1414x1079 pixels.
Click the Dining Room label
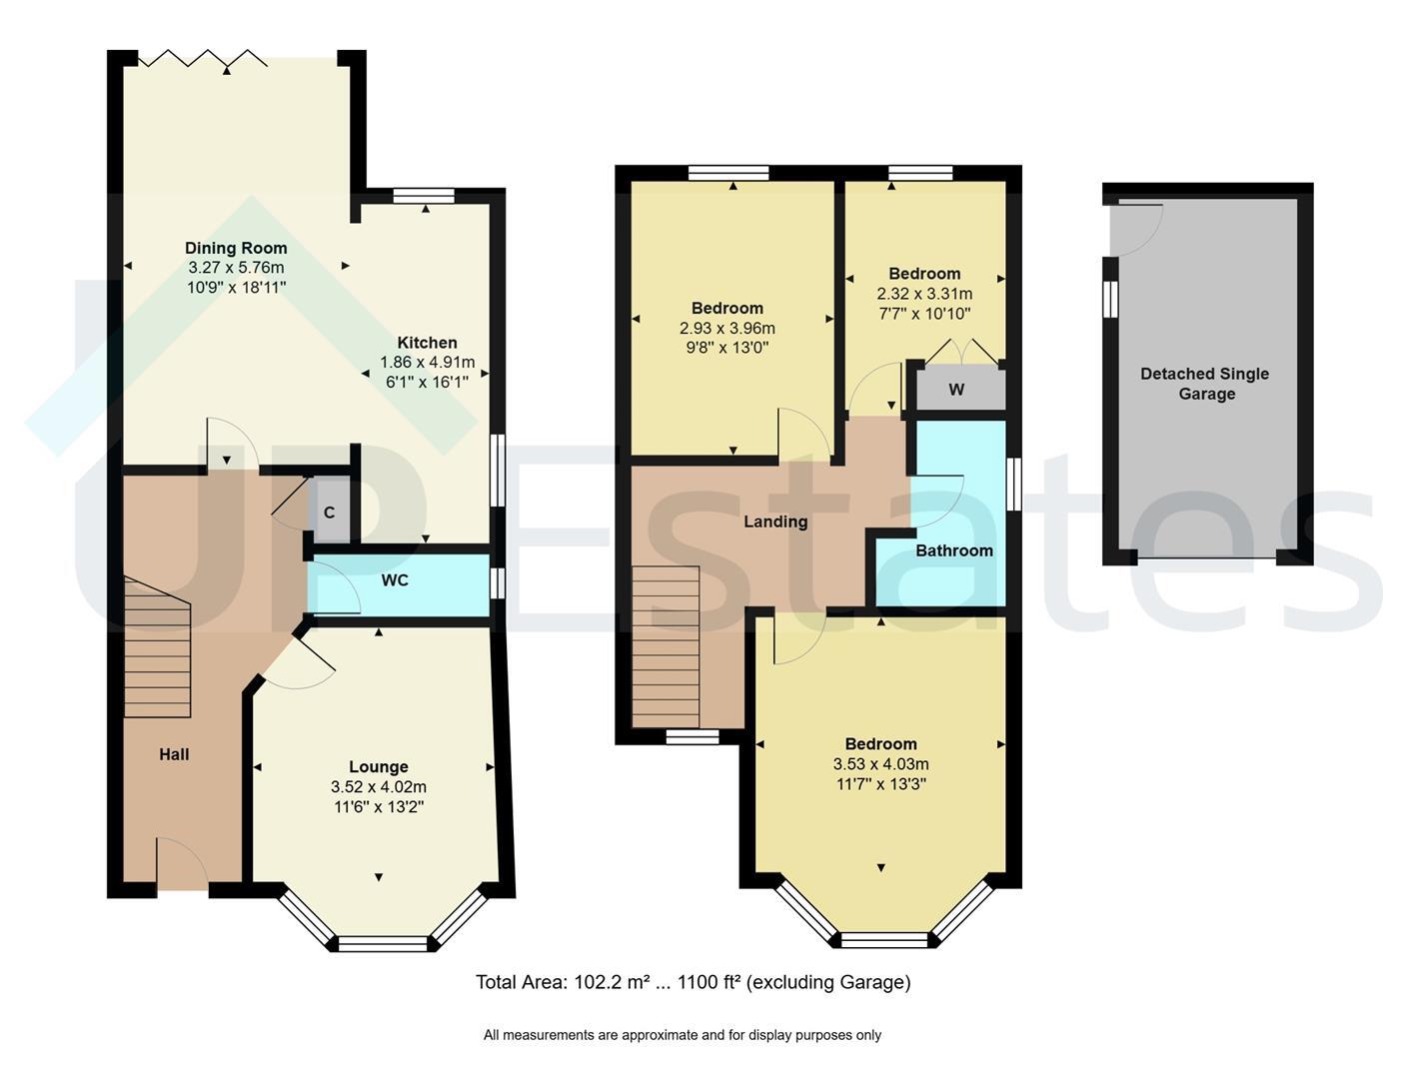click(236, 248)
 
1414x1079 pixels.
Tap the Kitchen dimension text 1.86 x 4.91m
click(427, 363)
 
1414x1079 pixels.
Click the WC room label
click(395, 580)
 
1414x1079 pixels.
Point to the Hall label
click(174, 754)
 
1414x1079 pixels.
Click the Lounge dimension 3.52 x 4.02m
click(378, 786)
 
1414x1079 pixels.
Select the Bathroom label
click(954, 551)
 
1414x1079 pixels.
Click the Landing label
click(775, 522)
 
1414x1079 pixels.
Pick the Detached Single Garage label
click(1205, 384)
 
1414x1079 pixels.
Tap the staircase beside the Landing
click(666, 647)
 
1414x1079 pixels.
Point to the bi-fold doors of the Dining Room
click(203, 58)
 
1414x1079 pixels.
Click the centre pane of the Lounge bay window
click(383, 944)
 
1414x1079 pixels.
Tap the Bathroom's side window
click(1013, 485)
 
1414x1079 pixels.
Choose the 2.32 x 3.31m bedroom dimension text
click(924, 294)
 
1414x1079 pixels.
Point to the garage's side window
click(1110, 299)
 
